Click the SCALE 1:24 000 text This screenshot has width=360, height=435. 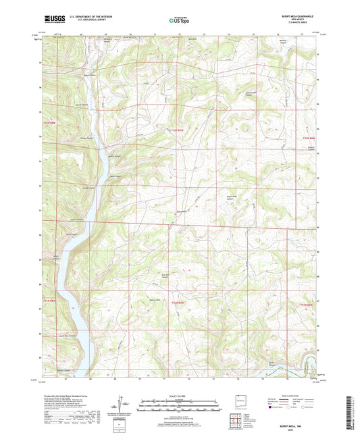pos(180,395)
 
